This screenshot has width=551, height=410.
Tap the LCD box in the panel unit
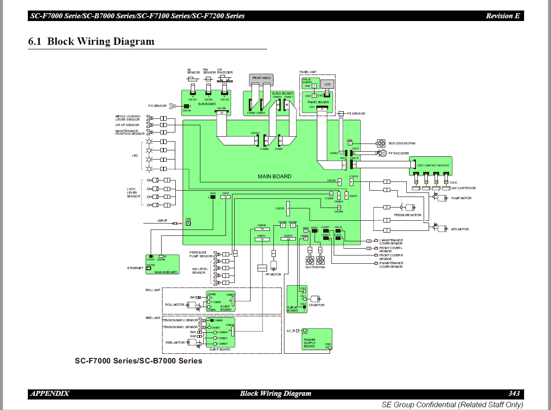(327, 85)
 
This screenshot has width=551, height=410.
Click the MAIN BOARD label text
(274, 176)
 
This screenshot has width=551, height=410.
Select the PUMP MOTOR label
(462, 198)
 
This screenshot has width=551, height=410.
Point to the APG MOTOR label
(460, 229)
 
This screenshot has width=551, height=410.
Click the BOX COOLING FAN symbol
(380, 143)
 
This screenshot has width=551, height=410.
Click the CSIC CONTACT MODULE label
(433, 165)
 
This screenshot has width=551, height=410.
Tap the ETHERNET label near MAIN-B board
(135, 268)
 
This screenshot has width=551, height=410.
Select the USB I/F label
(163, 221)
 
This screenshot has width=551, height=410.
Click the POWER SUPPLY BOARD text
(310, 343)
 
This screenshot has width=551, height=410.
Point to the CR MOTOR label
(317, 305)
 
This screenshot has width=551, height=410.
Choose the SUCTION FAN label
(315, 267)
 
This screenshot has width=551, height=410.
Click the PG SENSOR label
(157, 106)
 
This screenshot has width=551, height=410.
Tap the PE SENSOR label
(356, 113)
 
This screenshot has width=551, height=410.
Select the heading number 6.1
(35, 42)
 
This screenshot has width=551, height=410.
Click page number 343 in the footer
(514, 394)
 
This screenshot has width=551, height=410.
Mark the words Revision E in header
(503, 16)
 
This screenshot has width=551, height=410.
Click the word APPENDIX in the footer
(50, 394)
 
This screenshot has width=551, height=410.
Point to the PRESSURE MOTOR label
(408, 215)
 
